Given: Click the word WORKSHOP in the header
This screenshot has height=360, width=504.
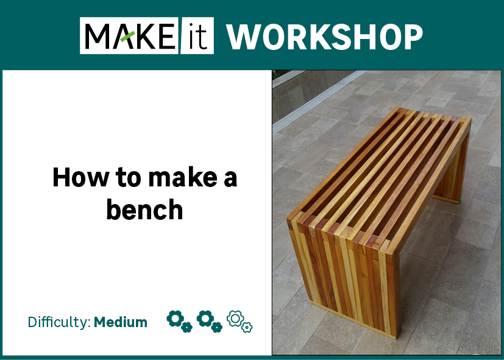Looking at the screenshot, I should coord(325,37).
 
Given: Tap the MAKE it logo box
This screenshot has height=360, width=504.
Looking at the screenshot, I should coord(147,36).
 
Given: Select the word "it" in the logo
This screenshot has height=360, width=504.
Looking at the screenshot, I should coord(196,36).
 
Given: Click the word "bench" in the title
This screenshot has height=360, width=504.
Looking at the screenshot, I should coord(144,210).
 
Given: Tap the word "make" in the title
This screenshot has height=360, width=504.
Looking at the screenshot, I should coord(178,178).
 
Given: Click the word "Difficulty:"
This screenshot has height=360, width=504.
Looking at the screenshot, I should coord(59,322).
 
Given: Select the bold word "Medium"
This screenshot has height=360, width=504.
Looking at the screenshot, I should coord(121,322).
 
